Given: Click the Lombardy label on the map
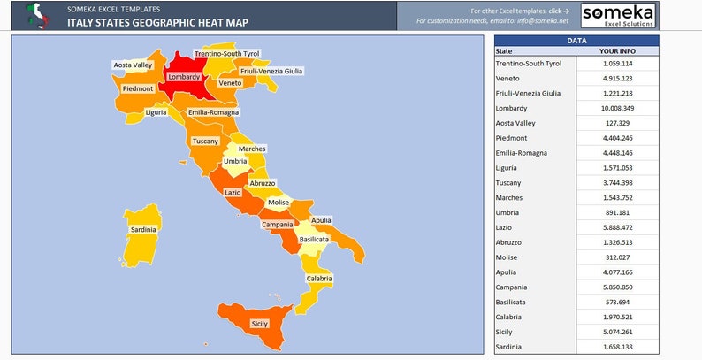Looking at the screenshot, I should tap(184, 77).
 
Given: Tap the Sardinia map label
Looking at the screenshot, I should tap(143, 229).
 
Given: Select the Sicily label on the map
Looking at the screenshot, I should tap(260, 324).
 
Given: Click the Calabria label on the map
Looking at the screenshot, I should tap(319, 279).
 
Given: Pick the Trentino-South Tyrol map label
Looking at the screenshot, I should tap(227, 54).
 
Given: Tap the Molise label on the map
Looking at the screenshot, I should tap(279, 203).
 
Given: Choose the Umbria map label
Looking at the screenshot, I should tap(235, 162).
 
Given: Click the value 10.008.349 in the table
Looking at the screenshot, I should tap(616, 108).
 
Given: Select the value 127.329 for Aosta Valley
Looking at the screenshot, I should tap(616, 123).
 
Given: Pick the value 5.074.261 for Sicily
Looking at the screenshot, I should tap(616, 332).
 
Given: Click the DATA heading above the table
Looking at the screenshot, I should tap(576, 41).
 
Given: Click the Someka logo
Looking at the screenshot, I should tap(618, 15).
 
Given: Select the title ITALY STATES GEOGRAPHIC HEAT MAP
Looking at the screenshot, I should tap(157, 22).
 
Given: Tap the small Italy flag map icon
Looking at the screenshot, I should tap(36, 14).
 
